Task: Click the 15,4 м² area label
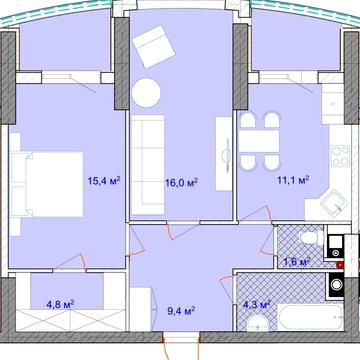point(104,181)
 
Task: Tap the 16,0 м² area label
point(182,182)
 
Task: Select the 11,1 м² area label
point(293,180)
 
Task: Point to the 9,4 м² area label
point(181,311)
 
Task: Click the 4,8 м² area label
point(61,304)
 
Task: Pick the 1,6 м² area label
point(297,262)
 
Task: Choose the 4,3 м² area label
point(256,304)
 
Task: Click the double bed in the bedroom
point(47,184)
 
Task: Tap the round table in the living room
point(146,92)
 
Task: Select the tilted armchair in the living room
point(154,47)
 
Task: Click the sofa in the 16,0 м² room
point(148,165)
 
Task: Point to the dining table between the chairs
point(259,141)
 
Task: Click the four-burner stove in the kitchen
point(340,156)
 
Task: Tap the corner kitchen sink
point(334,204)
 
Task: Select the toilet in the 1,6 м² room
point(311,238)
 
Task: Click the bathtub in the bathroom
point(310,317)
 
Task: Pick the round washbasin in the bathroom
point(257,324)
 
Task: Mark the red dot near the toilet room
point(340,265)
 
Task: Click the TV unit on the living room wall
point(224,154)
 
